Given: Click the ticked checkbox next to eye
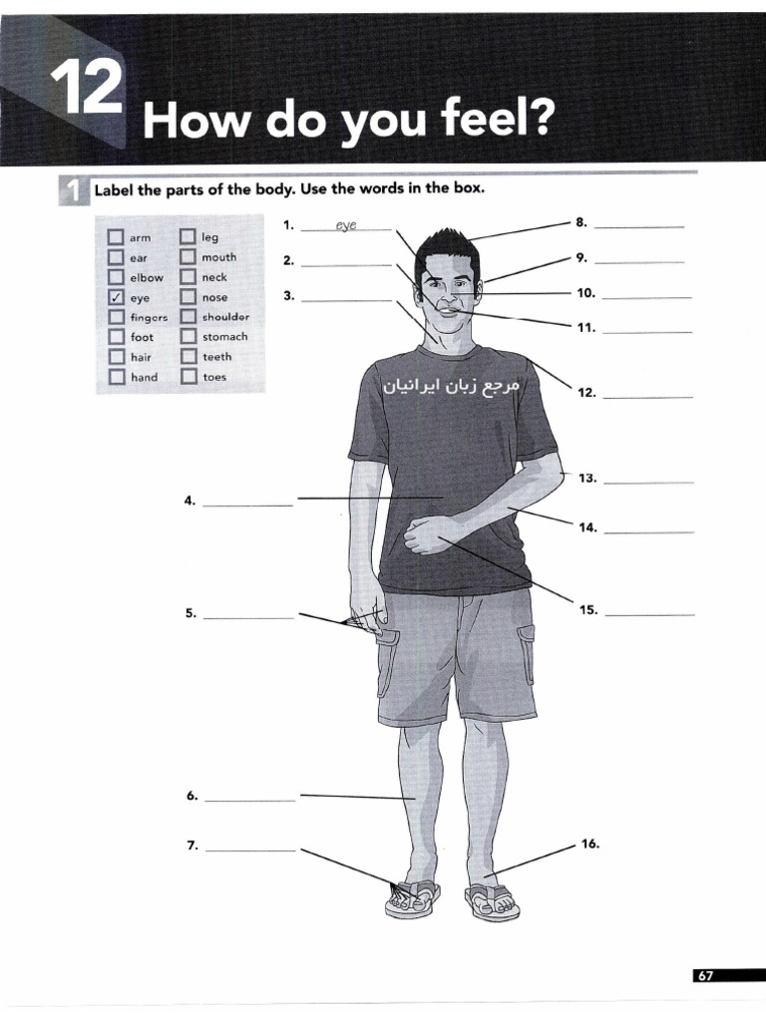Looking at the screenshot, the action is [x=117, y=297].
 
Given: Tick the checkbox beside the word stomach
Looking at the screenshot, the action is [x=189, y=336].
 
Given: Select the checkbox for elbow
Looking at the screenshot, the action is [x=117, y=277].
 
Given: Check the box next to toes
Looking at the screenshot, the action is [x=189, y=376].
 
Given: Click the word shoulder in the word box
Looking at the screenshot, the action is [x=225, y=317].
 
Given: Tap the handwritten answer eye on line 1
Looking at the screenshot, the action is [x=346, y=225].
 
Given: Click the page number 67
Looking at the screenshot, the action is [x=705, y=975].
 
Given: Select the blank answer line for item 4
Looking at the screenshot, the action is [x=248, y=506].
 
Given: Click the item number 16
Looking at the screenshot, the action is [x=589, y=844].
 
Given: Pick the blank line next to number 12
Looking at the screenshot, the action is [x=647, y=397].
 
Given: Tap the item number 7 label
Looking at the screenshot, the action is [x=192, y=846].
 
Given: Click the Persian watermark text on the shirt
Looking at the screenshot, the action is [x=452, y=386].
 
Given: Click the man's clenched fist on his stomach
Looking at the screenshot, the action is [x=427, y=533].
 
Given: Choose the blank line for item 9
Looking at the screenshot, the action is [x=639, y=262].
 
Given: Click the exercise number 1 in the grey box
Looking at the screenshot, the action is [x=74, y=191].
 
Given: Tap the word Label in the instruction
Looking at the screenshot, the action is [x=114, y=190].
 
